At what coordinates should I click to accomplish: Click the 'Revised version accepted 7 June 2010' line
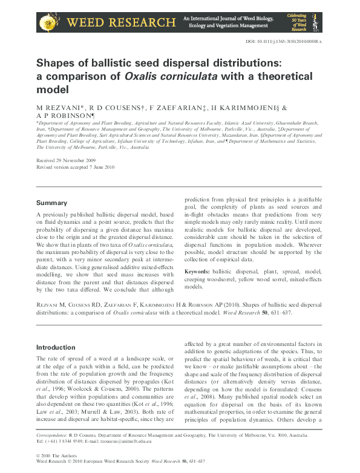pos(76,168)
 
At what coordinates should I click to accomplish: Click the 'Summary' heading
pos(51,203)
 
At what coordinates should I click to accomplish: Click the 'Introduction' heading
pos(56,348)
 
